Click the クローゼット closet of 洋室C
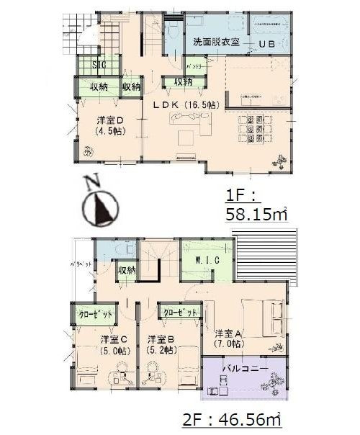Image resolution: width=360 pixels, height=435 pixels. (94, 315)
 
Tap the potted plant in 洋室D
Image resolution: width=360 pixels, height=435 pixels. (87, 151)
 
